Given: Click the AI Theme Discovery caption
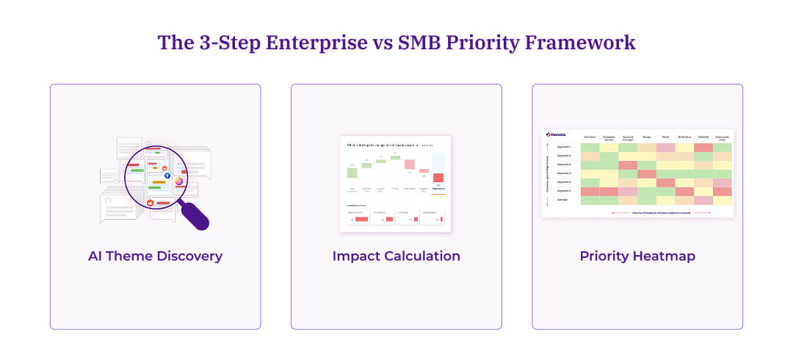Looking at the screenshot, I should click(x=155, y=256).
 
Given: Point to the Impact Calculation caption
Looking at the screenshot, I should click(x=396, y=256).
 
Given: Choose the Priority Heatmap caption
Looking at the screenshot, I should click(x=637, y=256).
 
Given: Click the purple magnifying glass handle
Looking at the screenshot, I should click(x=195, y=215).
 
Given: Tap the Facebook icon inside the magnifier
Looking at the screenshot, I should click(x=167, y=176).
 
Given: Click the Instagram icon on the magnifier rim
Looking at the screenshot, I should click(x=179, y=181).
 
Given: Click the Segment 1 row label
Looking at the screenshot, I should click(x=563, y=147).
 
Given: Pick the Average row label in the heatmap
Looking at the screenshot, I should click(x=562, y=199).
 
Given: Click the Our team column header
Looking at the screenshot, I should click(x=590, y=137).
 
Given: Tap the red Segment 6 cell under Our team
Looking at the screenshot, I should click(x=590, y=191).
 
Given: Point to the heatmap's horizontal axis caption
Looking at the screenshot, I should click(x=661, y=212).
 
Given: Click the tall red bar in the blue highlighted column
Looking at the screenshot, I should click(x=438, y=178).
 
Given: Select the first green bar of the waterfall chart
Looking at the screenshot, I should click(x=352, y=173).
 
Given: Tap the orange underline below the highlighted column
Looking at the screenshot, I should click(x=438, y=193).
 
